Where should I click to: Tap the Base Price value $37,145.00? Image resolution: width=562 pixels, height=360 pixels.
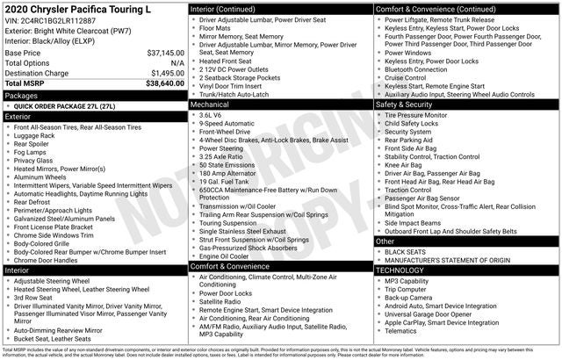[159, 53]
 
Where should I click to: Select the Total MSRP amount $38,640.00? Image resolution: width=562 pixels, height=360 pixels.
[157, 83]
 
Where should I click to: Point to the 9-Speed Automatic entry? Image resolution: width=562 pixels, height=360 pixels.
[228, 124]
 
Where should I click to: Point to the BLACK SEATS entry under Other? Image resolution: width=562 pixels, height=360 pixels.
[407, 251]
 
